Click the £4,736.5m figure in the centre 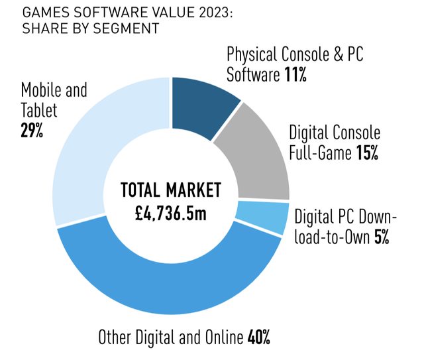(x=170, y=213)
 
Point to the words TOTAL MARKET (x=170, y=191)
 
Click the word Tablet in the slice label (x=39, y=110)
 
